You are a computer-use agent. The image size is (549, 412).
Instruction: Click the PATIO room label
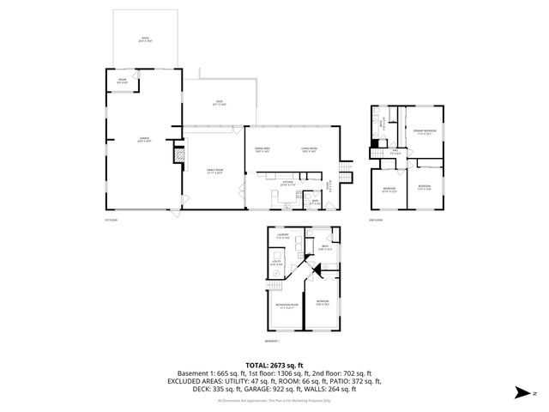tap(145, 39)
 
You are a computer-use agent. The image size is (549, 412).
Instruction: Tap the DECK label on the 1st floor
tap(218, 105)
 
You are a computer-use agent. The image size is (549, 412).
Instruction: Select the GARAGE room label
tap(134, 139)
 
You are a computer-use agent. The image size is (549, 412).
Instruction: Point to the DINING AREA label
tap(262, 151)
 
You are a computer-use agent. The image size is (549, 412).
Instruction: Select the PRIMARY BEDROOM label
tap(425, 131)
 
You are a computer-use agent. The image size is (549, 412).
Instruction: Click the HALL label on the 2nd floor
tap(395, 153)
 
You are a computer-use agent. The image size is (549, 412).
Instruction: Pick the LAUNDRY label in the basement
tap(281, 235)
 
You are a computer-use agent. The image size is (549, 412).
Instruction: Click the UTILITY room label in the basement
tap(276, 264)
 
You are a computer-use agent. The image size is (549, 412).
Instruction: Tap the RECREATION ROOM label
tap(287, 306)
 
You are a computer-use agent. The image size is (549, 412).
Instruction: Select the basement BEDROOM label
tap(322, 302)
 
